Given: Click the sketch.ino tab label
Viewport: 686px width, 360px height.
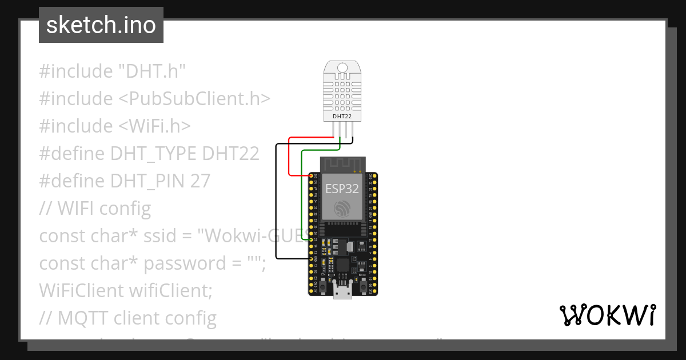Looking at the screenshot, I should (x=101, y=25).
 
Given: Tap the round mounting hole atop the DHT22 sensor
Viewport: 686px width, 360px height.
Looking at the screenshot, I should (x=342, y=68).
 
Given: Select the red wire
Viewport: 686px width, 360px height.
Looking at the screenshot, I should (x=289, y=157).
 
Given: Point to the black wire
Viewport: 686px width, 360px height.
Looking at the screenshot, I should (x=277, y=200).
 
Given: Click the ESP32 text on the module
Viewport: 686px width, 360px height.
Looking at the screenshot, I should (x=342, y=189).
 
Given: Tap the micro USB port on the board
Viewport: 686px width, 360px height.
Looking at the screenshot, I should (x=342, y=293).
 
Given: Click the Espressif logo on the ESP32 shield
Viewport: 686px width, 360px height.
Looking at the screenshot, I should (x=342, y=208).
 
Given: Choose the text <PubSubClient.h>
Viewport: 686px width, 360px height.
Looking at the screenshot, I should (x=194, y=99).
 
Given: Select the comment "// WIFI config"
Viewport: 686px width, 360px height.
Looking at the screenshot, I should (x=95, y=209).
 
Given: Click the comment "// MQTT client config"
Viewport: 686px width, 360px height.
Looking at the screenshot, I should (x=127, y=318).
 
